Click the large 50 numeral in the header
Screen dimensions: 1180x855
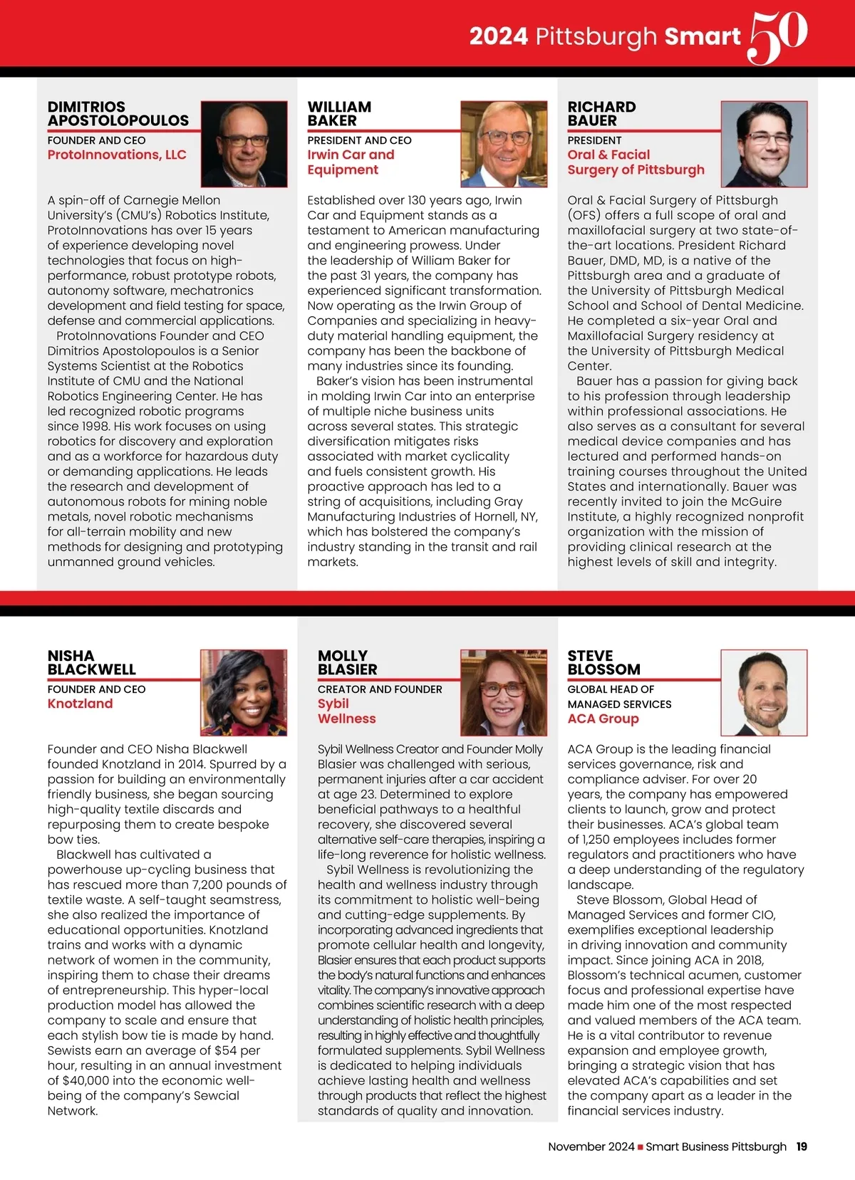[x=778, y=36]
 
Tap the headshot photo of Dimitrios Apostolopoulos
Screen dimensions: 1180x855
[x=244, y=144]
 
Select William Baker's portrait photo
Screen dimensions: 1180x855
[x=504, y=144]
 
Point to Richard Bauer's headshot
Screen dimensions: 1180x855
[x=765, y=144]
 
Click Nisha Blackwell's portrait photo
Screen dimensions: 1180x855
[x=244, y=692]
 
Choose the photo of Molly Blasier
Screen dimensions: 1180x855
[x=504, y=692]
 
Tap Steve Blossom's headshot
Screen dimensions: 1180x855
[x=765, y=692]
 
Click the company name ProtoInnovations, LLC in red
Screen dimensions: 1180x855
[x=117, y=155]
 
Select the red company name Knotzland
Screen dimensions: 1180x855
[x=80, y=704]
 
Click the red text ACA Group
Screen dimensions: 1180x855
[x=603, y=719]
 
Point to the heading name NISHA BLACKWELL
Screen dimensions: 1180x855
[x=91, y=662]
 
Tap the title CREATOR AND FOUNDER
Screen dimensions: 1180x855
[x=380, y=689]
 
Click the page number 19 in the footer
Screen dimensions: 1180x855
[x=802, y=1147]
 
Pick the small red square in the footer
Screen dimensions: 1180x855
[x=641, y=1147]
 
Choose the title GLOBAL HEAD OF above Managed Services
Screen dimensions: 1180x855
[x=611, y=689]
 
